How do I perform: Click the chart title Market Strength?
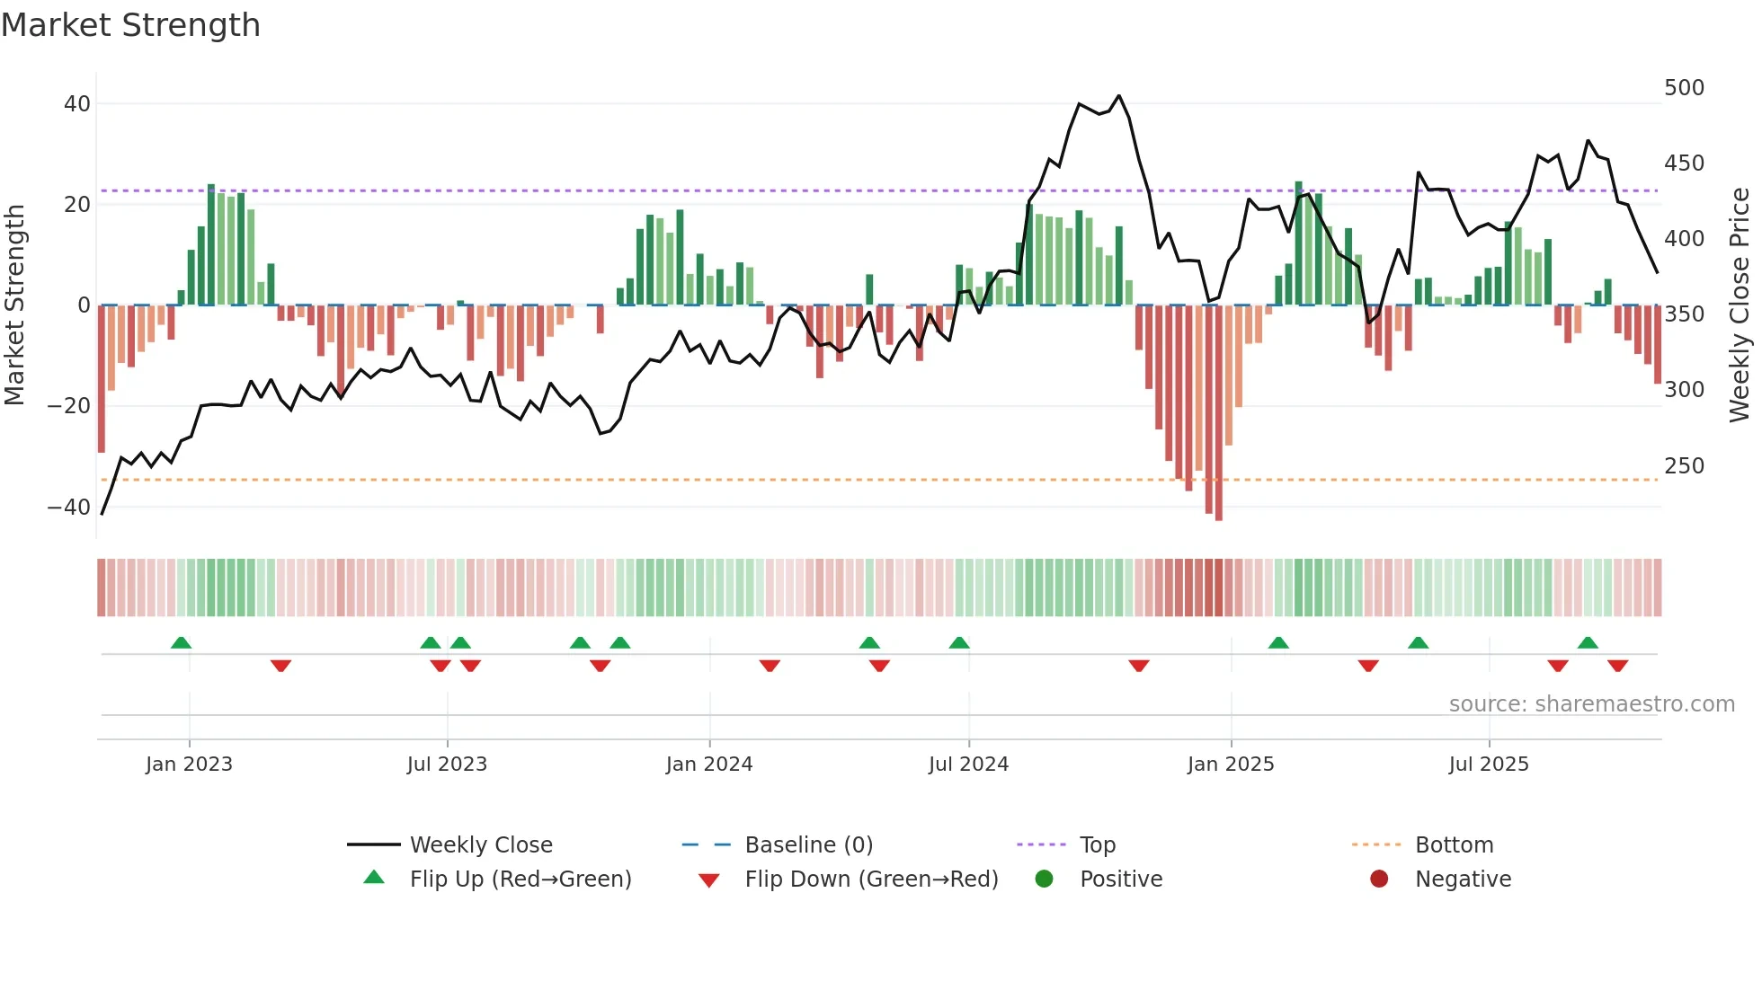click(130, 25)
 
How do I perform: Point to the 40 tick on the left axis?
click(77, 104)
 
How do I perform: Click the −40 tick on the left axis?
click(69, 508)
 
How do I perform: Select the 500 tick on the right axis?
click(1684, 88)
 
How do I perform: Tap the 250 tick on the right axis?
click(1684, 466)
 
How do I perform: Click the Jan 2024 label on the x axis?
click(709, 765)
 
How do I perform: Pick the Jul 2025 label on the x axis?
click(1489, 765)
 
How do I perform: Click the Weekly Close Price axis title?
click(1740, 305)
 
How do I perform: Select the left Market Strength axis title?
click(14, 305)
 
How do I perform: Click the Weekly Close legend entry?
click(481, 845)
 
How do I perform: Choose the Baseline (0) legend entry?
click(808, 845)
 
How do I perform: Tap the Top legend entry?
click(1097, 845)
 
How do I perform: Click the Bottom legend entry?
click(1454, 845)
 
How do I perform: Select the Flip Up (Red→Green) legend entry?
click(521, 880)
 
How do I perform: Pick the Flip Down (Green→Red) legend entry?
click(871, 880)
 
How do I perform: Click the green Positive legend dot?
click(1044, 880)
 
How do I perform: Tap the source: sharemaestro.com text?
click(1591, 704)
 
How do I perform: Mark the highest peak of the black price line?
click(1118, 95)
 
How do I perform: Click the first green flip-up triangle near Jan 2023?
click(181, 643)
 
